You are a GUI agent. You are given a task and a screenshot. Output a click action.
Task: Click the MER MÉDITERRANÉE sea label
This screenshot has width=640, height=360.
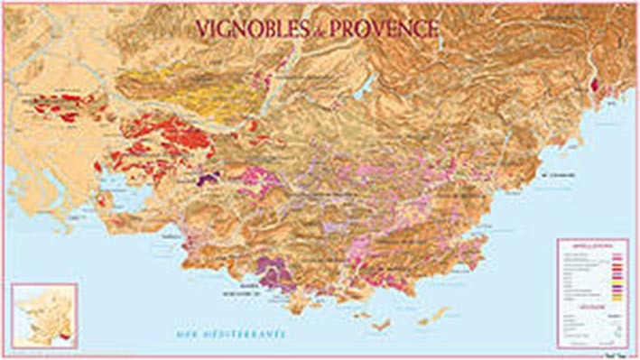click(x=231, y=335)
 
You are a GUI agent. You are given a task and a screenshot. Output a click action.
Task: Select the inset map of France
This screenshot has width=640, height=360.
click(x=43, y=315)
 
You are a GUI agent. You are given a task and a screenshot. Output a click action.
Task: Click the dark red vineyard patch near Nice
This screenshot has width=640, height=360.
click(x=594, y=86)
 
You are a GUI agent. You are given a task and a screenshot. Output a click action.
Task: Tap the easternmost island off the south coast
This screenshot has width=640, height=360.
click(x=438, y=315)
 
